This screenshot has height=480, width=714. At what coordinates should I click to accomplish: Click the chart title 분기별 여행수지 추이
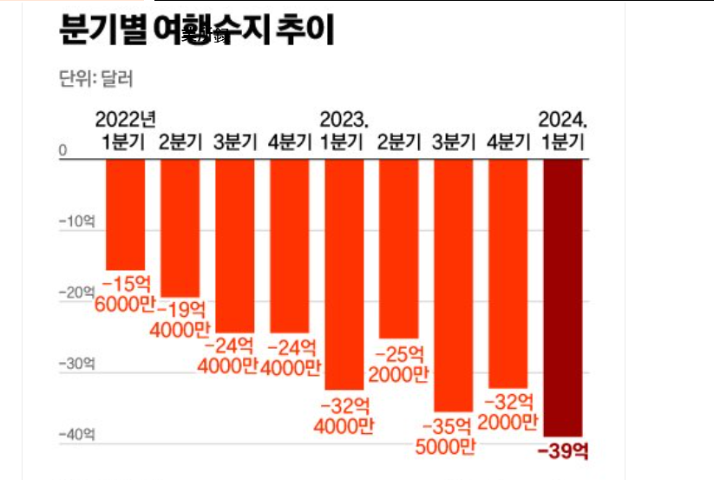coord(195,32)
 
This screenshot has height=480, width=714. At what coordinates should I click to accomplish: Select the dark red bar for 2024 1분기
coord(563,295)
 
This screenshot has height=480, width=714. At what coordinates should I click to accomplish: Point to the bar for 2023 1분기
coord(344,273)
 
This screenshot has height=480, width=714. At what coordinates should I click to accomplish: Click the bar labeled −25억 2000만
coord(398,247)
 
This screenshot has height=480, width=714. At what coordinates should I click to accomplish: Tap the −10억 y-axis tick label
coord(76,221)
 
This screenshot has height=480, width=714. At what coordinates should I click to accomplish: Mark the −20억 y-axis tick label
coord(76,293)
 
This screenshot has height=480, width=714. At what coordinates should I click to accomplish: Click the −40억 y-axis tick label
coord(76,434)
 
